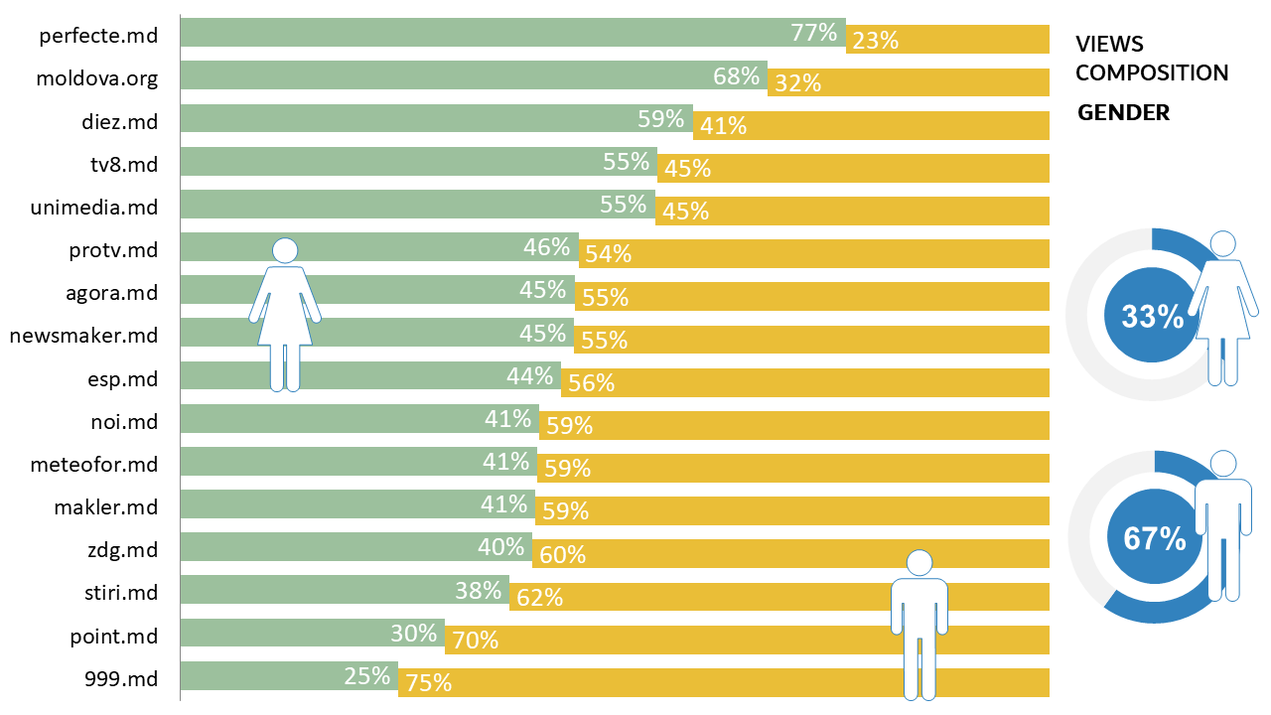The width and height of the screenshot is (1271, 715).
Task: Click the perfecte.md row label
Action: [98, 37]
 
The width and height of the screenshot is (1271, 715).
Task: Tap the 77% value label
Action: [814, 33]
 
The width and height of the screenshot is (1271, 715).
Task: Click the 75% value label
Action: [428, 683]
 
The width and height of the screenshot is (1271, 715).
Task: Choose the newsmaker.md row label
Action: [83, 336]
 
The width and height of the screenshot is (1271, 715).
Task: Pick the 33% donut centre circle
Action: [1152, 317]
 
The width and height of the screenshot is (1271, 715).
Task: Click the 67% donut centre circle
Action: [1155, 538]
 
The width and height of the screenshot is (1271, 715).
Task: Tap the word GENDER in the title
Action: [1124, 113]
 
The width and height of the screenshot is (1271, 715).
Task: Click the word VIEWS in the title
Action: [1109, 45]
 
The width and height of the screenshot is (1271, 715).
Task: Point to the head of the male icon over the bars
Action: [919, 563]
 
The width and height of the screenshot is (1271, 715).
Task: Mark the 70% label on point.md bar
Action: [475, 641]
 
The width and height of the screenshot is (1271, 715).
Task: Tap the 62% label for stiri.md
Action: [539, 598]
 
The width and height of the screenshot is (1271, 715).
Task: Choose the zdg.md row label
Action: [122, 549]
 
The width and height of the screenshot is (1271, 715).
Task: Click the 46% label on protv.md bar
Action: [547, 247]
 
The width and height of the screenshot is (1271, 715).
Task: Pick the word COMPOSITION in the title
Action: [1152, 73]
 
